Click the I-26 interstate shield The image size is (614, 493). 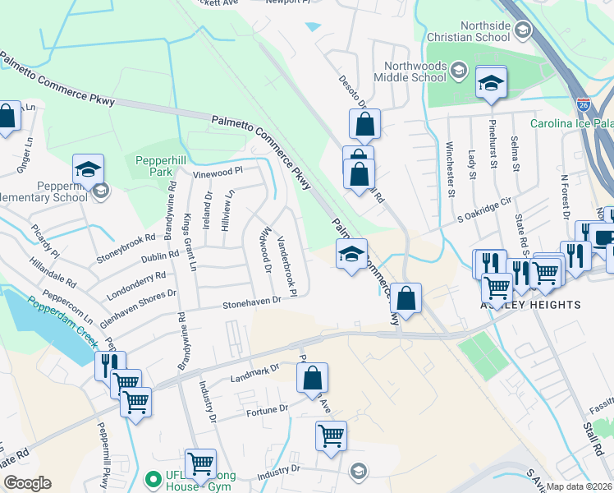pyautogui.click(x=582, y=106)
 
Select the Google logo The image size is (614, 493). pyautogui.click(x=27, y=483)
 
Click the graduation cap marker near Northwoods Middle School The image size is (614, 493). pyautogui.click(x=492, y=83)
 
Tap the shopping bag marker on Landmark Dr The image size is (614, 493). pyautogui.click(x=312, y=379)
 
